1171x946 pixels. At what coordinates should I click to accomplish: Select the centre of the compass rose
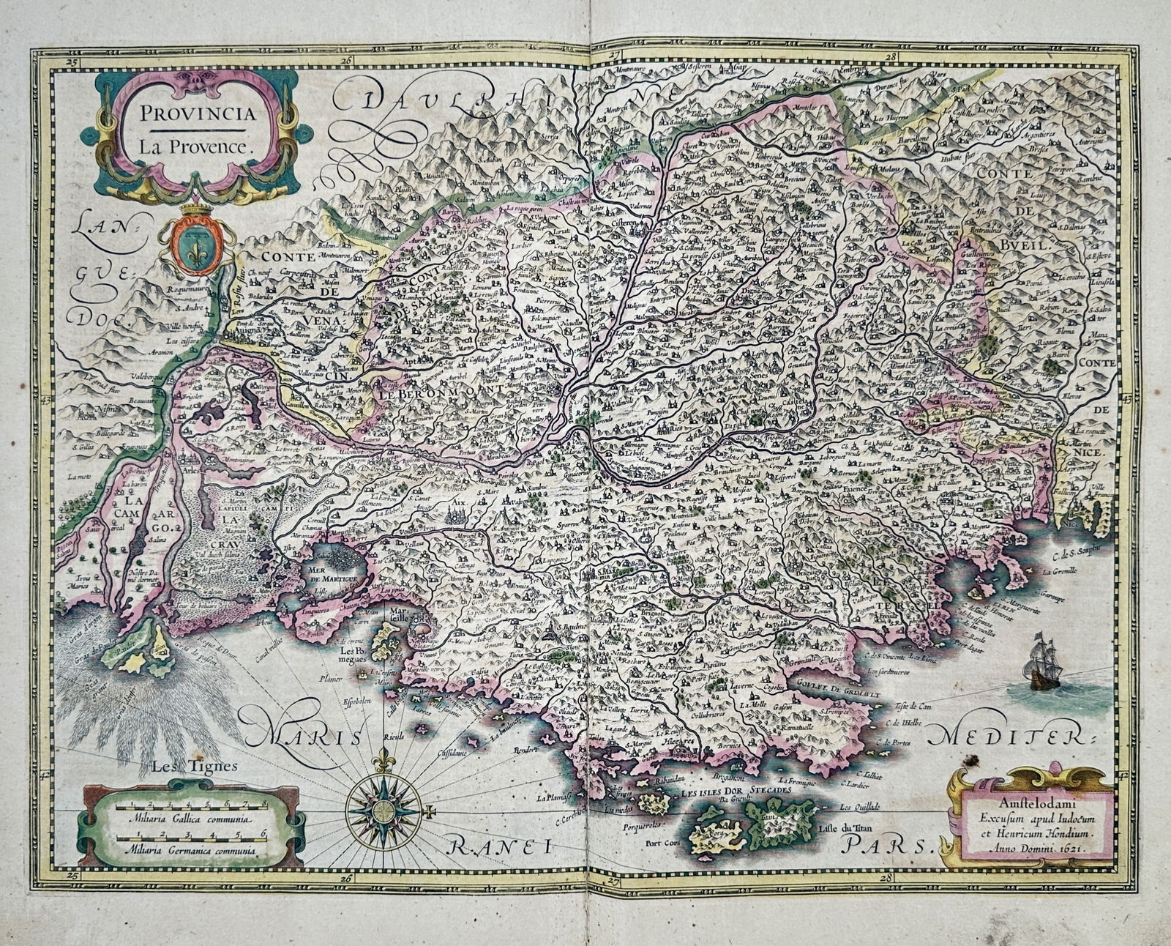coord(382,811)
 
